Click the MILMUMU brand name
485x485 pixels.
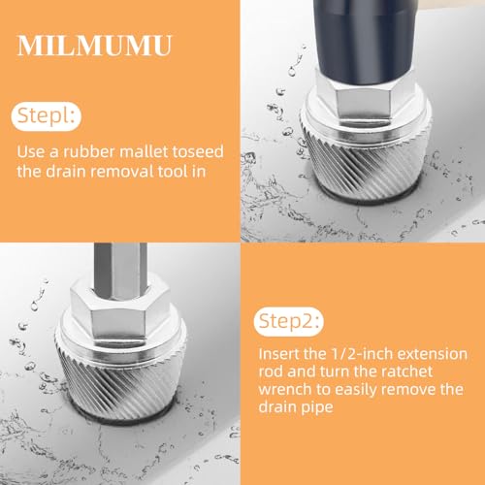(94, 46)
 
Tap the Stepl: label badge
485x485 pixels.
(47, 116)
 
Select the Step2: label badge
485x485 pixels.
(288, 321)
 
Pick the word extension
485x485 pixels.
(432, 354)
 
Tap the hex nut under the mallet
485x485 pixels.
(364, 96)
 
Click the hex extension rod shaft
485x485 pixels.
(120, 271)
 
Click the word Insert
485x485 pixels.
(278, 354)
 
